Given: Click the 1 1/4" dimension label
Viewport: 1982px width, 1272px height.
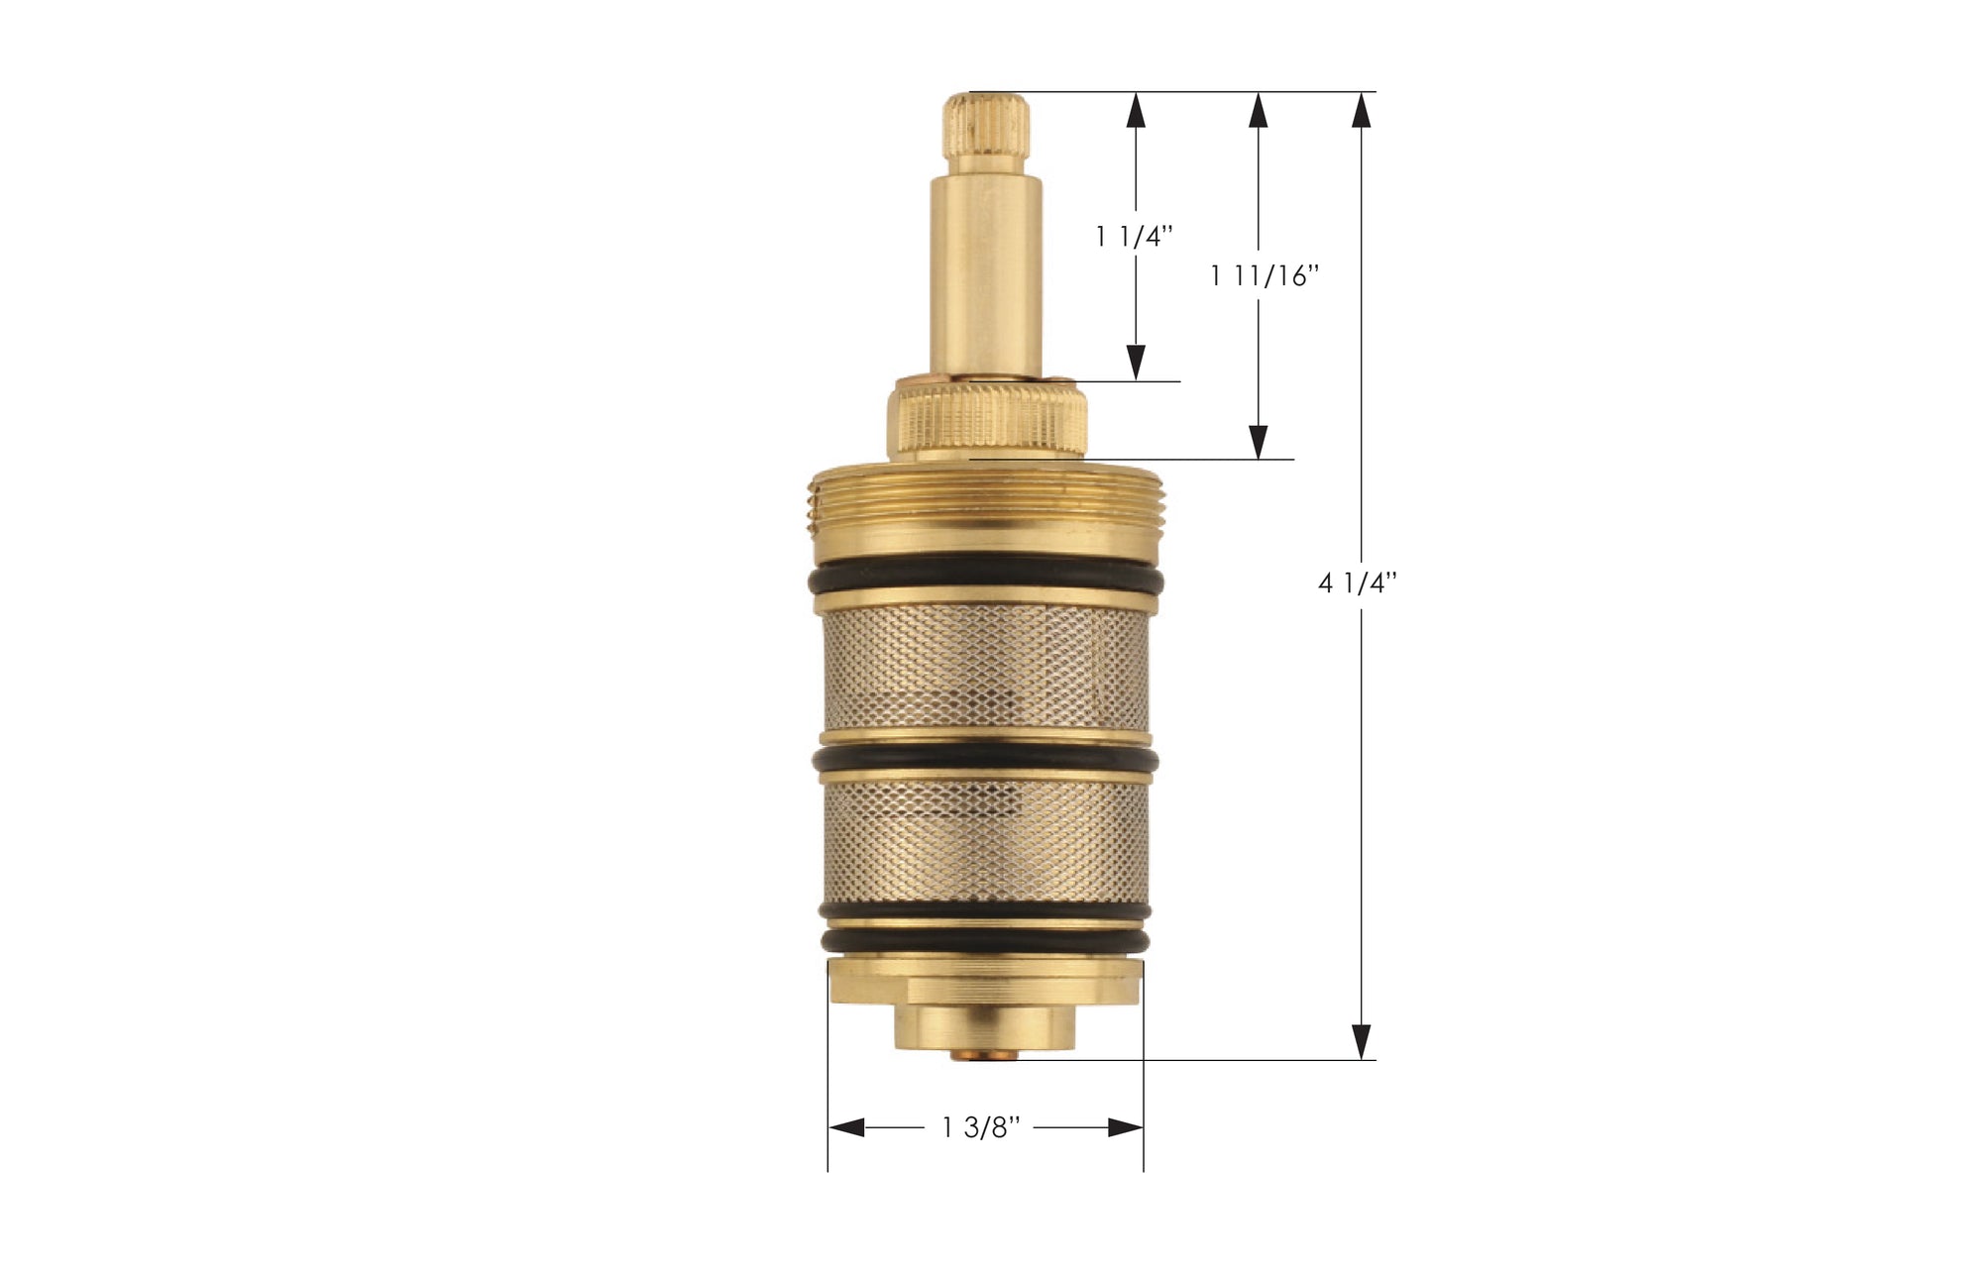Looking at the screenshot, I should (1135, 237).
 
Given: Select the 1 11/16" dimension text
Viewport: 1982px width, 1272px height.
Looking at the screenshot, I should (1265, 275).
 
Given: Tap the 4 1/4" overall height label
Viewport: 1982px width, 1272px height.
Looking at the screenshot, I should (1357, 583).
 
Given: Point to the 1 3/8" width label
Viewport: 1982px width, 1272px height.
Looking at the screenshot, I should (980, 1127).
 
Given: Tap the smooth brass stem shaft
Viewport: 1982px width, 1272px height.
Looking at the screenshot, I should (986, 267).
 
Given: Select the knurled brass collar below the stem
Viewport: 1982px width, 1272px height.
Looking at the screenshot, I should (988, 421).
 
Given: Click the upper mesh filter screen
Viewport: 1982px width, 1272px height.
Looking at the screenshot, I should (986, 666).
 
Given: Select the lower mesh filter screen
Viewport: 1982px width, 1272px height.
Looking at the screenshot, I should (986, 842).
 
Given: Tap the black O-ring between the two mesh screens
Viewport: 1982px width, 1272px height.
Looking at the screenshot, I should (986, 759).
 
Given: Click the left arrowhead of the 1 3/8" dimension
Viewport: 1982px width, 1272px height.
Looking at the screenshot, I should (846, 1127).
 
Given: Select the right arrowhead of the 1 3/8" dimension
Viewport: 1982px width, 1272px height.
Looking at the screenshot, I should (1126, 1127).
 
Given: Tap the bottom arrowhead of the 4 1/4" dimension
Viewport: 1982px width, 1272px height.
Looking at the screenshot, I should (1362, 1041).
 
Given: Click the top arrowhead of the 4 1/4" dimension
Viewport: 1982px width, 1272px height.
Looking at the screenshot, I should (1362, 110).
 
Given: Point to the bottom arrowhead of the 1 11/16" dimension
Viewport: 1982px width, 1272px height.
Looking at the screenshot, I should (1259, 442).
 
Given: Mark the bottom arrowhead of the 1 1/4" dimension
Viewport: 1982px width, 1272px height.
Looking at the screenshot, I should (1136, 363).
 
